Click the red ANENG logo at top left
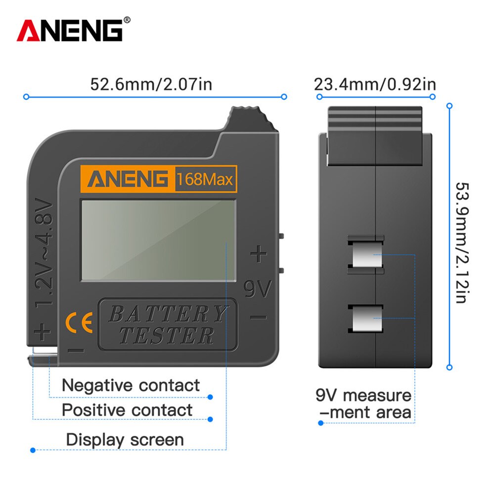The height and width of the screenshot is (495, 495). (x=70, y=30)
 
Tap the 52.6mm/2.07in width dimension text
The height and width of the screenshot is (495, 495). (x=151, y=84)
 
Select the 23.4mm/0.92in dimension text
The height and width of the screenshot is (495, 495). (x=375, y=84)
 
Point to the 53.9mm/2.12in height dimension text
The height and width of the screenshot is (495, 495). (x=461, y=242)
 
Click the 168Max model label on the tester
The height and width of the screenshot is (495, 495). (x=205, y=179)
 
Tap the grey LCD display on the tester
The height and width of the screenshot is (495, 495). (x=158, y=240)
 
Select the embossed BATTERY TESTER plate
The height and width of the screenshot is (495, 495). (x=168, y=324)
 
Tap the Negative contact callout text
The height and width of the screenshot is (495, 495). (x=131, y=385)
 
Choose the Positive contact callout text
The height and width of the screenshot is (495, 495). (x=127, y=410)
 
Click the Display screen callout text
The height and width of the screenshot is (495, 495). (x=125, y=440)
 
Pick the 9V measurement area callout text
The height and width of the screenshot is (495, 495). (x=363, y=404)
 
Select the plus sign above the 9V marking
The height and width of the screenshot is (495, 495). (x=258, y=254)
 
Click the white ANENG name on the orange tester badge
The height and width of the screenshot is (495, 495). (x=128, y=179)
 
